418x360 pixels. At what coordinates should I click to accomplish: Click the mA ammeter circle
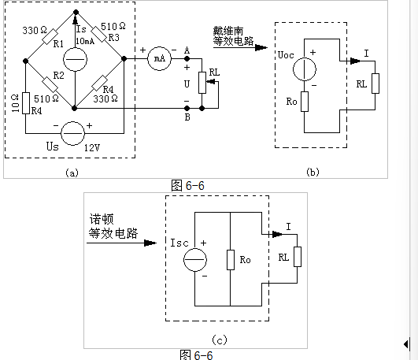(160, 59)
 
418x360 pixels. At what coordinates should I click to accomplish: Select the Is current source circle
(75, 59)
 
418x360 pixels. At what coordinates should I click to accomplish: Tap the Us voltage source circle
(72, 133)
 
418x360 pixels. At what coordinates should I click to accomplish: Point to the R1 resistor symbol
(50, 36)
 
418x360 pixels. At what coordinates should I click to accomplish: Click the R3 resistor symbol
(99, 34)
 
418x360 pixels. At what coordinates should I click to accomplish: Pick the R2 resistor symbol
(50, 84)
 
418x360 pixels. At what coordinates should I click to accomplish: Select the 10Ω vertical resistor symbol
(26, 103)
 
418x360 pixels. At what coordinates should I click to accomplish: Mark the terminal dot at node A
(187, 59)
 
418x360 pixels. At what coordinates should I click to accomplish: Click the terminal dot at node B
(187, 109)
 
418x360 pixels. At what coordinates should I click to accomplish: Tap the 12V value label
(92, 147)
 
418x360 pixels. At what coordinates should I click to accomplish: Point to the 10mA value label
(85, 41)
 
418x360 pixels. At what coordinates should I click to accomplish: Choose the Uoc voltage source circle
(305, 69)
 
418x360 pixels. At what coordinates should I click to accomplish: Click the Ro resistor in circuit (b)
(305, 102)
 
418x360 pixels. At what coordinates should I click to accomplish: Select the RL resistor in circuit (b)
(375, 84)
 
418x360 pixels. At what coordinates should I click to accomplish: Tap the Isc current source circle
(195, 260)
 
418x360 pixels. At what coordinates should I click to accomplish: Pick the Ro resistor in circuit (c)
(231, 260)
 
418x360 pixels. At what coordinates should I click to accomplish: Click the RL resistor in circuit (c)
(298, 257)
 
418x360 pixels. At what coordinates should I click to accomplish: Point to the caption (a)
(72, 173)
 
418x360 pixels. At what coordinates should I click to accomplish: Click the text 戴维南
(228, 31)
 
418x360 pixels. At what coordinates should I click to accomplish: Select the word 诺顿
(102, 219)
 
